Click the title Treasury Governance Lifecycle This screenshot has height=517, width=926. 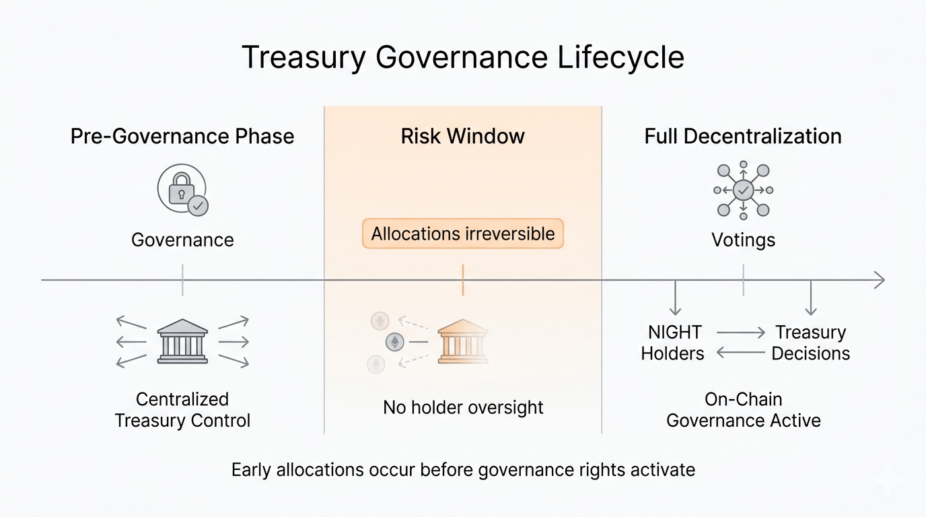click(462, 57)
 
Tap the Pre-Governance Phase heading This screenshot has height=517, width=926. click(182, 137)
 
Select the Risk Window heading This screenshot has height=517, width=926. click(462, 137)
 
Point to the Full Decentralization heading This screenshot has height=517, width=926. click(743, 137)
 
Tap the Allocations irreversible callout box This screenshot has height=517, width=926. click(462, 234)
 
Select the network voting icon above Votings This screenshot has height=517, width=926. click(743, 191)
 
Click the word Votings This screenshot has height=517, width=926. click(743, 240)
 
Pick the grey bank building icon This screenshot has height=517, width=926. click(182, 341)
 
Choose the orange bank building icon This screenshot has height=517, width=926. click(462, 341)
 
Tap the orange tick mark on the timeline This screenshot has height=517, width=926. click(463, 280)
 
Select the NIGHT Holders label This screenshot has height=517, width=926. click(672, 343)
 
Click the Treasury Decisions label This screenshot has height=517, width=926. click(810, 343)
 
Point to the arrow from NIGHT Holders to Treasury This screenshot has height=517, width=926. click(741, 332)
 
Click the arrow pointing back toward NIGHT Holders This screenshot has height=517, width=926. click(741, 352)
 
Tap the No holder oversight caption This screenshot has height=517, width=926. click(463, 407)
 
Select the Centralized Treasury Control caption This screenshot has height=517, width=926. click(182, 410)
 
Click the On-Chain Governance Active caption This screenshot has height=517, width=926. click(743, 410)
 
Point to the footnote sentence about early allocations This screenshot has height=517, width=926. click(463, 470)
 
